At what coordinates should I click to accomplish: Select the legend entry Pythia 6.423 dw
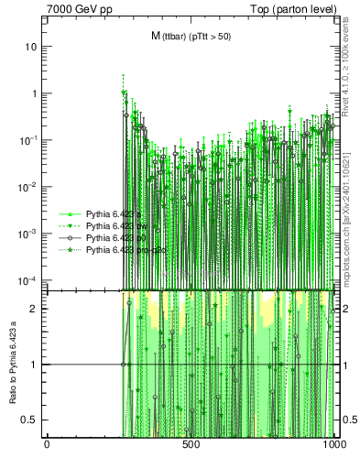[117, 225]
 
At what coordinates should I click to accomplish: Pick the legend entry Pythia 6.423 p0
[118, 237]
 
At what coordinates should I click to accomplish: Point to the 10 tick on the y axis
[32, 47]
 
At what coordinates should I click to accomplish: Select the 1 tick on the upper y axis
[36, 93]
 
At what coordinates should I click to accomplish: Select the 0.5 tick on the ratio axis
[31, 420]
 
